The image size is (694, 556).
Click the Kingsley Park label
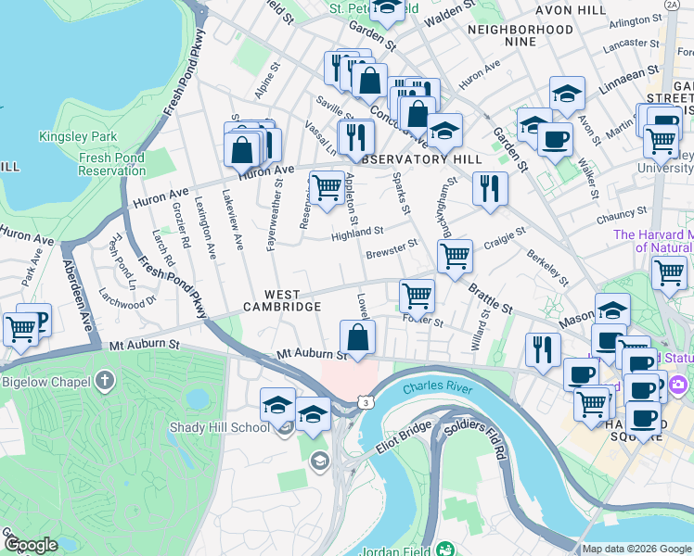(78, 136)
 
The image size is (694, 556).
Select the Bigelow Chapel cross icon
(106, 381)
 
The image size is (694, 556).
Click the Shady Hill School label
(219, 427)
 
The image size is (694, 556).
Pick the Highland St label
(358, 234)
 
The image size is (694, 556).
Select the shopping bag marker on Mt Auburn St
(357, 337)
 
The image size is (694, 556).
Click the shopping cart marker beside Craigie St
(455, 257)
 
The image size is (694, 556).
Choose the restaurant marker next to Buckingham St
(490, 189)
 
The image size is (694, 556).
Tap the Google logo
(31, 545)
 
